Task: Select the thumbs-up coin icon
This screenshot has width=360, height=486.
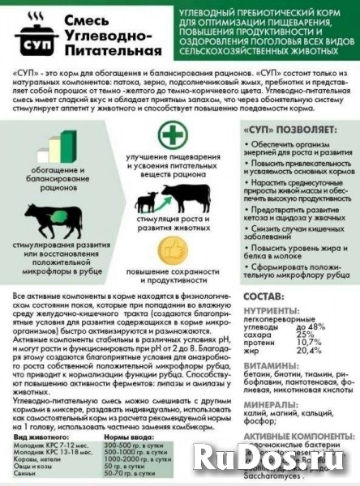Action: [170, 248]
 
